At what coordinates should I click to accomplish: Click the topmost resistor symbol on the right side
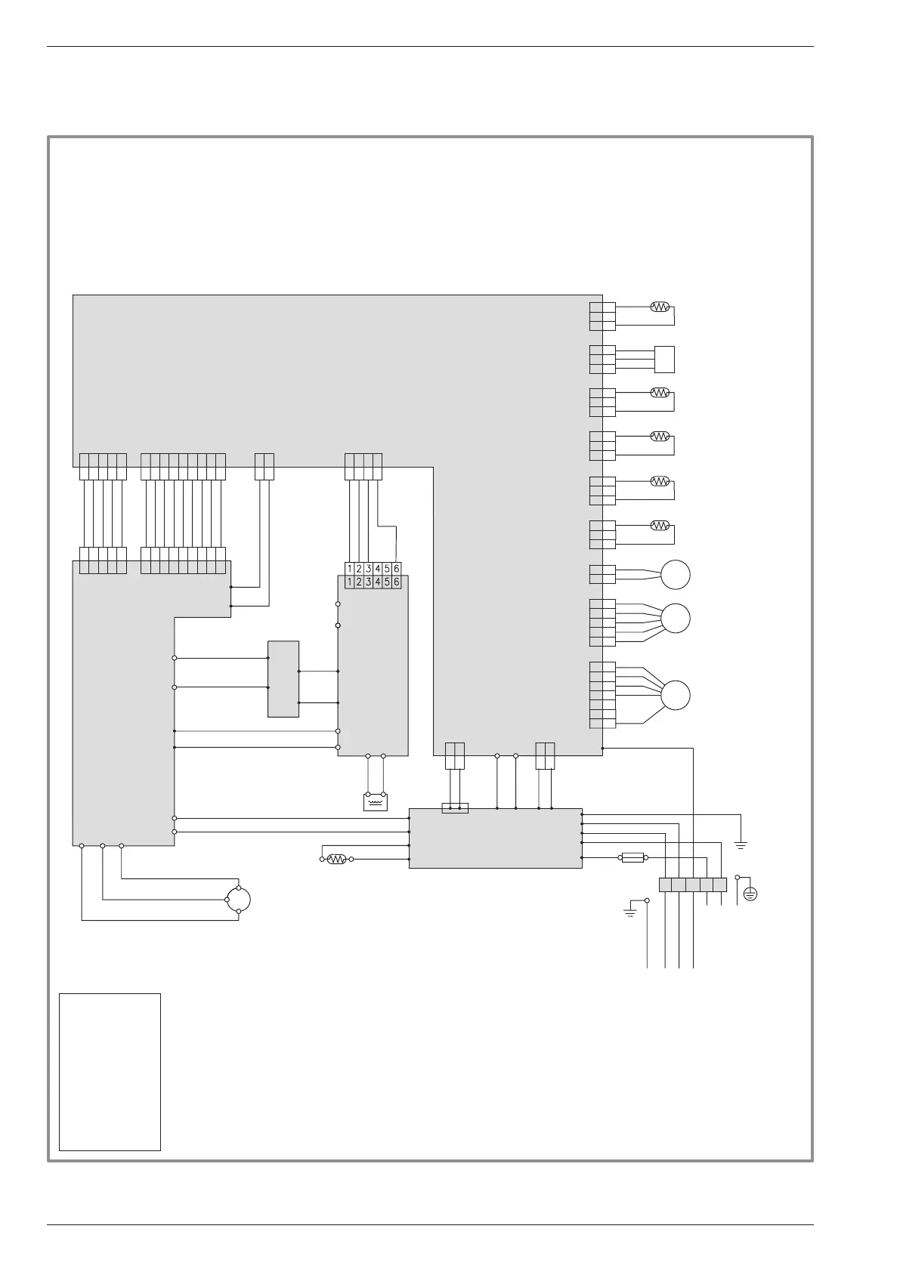click(x=660, y=307)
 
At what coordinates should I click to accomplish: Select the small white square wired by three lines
click(x=664, y=359)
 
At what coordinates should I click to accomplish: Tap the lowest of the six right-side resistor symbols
click(x=660, y=525)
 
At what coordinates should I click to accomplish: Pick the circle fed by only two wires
click(x=676, y=575)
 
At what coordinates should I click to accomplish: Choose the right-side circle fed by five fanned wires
click(x=676, y=619)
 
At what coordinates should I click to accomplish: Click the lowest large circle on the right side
click(x=676, y=695)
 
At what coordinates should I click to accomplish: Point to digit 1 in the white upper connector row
click(x=350, y=569)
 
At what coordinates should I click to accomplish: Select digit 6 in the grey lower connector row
click(x=397, y=582)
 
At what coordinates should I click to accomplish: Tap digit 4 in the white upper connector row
click(x=378, y=569)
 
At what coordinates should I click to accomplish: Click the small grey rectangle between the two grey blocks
click(x=283, y=679)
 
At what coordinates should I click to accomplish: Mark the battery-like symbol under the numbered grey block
click(x=376, y=801)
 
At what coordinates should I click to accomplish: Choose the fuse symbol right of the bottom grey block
click(x=632, y=857)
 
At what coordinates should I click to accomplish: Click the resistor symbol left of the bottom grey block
click(x=336, y=859)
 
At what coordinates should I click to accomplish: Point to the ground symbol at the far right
click(x=741, y=844)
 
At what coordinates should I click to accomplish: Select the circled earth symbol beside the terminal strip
click(x=750, y=894)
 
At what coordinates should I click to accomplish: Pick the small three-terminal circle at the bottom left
click(x=239, y=900)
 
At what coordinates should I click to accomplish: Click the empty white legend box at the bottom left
click(x=110, y=1072)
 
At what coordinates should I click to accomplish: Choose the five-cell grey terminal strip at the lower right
click(x=693, y=885)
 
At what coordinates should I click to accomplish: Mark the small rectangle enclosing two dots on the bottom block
click(x=455, y=808)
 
